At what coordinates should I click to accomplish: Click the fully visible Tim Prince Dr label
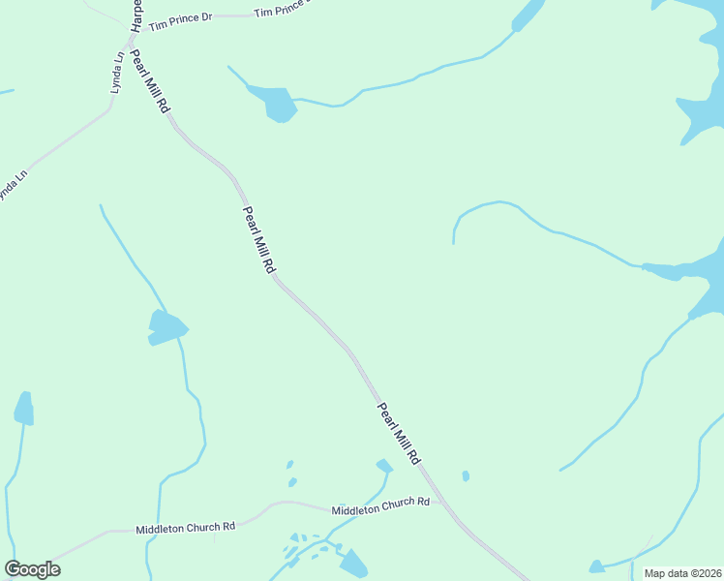coord(180,18)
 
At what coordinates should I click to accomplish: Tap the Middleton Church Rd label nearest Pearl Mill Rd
coord(379,505)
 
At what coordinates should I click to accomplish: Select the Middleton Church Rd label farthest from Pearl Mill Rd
coord(186,528)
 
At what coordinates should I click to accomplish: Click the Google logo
coord(32,569)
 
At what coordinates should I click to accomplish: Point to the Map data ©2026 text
coord(682,573)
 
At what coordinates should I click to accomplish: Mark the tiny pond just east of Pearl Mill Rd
coord(466,475)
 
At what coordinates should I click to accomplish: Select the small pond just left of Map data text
coord(597,566)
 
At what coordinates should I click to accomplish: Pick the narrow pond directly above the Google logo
coord(24,409)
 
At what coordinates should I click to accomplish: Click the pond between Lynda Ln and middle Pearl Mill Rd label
coord(166,326)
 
